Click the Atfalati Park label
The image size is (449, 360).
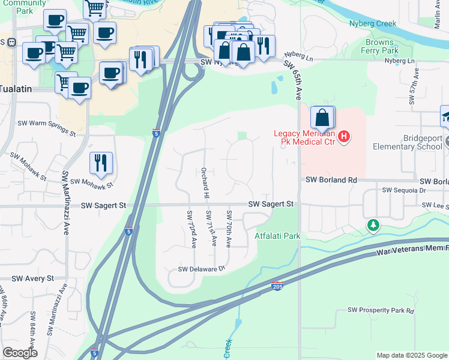[x=277, y=236]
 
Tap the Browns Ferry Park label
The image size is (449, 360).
[x=380, y=47]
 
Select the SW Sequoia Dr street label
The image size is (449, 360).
[x=403, y=190]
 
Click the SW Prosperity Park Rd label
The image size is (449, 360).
[x=381, y=310]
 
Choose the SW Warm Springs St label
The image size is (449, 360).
[x=46, y=124]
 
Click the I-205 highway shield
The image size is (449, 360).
[x=277, y=287]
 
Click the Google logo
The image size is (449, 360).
[x=20, y=353]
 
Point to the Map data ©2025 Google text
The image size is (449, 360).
[x=411, y=355]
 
